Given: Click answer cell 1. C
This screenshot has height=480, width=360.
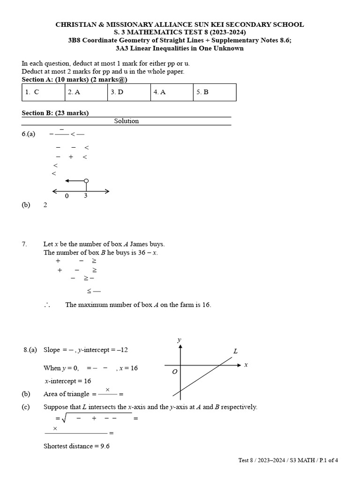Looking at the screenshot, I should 43,92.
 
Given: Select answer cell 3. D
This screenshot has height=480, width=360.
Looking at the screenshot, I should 129,92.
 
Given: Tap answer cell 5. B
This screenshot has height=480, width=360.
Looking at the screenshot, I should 214,92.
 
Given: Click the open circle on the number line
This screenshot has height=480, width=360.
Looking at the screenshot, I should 86,181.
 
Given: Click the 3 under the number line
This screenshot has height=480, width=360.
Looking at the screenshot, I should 85,196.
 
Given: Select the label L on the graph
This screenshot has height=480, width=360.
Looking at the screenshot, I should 235,351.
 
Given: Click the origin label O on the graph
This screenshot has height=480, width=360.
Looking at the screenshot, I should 174,372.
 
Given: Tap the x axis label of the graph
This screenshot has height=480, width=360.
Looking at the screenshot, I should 246,365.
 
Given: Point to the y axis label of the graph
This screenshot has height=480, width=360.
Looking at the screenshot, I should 179,340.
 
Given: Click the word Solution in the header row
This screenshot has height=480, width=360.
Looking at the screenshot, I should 127,121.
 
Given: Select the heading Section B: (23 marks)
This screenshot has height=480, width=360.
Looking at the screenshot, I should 55,113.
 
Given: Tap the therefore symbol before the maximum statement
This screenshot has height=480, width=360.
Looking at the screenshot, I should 47,305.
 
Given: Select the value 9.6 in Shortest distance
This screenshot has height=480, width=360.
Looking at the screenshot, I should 105,446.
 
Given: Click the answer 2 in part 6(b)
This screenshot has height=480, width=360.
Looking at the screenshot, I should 45,205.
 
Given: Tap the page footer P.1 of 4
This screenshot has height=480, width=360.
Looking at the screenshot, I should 325,460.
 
